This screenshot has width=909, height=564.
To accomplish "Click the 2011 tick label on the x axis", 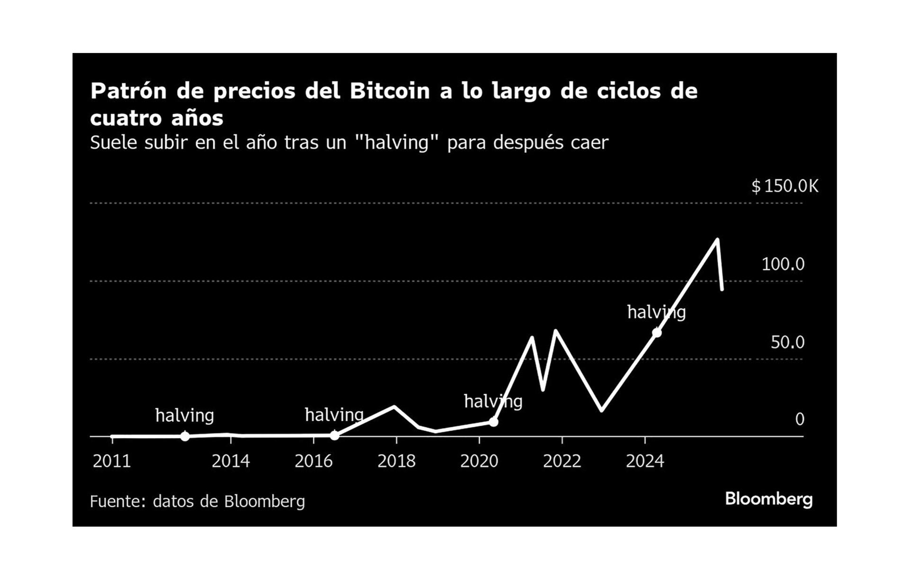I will (x=112, y=461).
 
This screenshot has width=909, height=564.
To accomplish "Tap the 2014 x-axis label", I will (x=231, y=461).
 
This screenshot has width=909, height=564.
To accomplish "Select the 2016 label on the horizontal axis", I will (x=313, y=461).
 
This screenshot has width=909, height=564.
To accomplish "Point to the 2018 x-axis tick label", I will (x=396, y=461).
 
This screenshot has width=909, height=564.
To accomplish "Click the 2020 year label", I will (x=479, y=461).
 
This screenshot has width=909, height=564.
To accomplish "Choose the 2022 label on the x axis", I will (x=562, y=461).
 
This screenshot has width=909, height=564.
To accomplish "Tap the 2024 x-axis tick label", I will (x=645, y=461).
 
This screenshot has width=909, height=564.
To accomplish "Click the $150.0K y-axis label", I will (x=784, y=186).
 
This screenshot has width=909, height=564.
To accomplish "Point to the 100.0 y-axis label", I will (x=783, y=264).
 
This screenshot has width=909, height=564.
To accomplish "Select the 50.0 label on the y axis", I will (x=787, y=342).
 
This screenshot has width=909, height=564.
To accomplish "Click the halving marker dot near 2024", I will (x=657, y=333).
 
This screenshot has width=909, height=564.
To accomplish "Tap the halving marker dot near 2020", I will (x=493, y=421).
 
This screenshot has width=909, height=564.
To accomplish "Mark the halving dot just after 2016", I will (x=334, y=435).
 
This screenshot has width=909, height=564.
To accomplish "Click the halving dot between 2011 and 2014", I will (x=185, y=436).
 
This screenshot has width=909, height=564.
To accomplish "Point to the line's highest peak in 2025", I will (x=718, y=240).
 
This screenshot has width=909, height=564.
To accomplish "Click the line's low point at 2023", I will (x=601, y=410).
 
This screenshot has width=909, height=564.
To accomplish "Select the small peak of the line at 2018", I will (x=394, y=406).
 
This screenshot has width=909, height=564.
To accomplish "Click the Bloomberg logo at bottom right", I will (x=769, y=499).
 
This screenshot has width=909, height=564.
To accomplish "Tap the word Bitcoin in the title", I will (x=390, y=91).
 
